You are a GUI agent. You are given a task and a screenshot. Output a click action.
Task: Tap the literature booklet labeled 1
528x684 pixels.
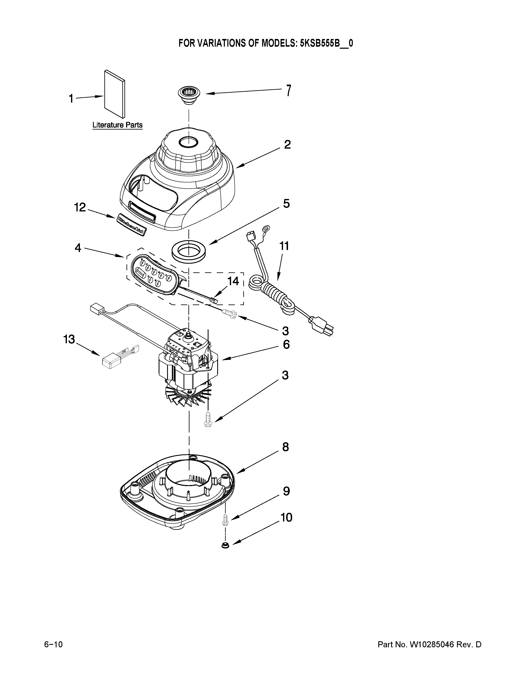tap(115, 94)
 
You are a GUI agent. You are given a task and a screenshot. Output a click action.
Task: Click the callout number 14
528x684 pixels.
tap(233, 281)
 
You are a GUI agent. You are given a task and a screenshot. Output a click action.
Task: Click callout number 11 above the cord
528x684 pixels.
tap(284, 246)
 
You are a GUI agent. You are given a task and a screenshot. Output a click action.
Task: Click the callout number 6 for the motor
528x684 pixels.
tap(286, 344)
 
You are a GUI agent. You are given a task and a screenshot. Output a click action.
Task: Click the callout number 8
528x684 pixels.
tap(285, 447)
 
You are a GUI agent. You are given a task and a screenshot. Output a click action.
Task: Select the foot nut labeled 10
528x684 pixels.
tap(225, 546)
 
